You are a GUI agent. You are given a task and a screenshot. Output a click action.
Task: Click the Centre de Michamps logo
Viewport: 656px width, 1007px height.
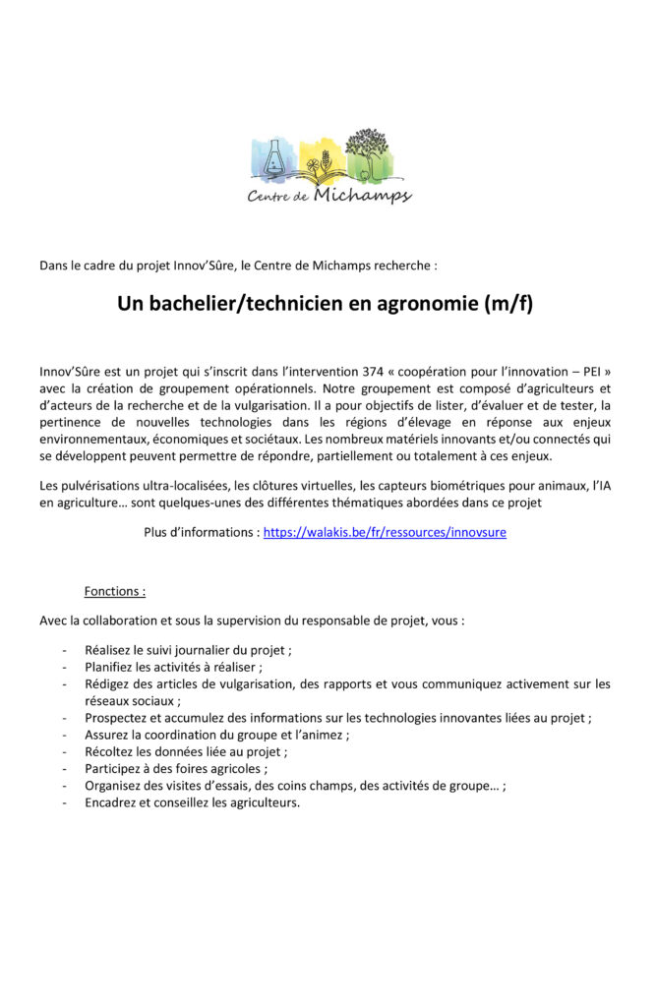click(x=328, y=168)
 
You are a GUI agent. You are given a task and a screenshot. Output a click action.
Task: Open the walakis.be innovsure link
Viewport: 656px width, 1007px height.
click(x=385, y=532)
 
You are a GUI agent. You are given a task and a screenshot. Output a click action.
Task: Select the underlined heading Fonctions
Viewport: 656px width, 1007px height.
click(x=115, y=592)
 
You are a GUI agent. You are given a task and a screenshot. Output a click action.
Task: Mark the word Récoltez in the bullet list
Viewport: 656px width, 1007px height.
click(x=113, y=751)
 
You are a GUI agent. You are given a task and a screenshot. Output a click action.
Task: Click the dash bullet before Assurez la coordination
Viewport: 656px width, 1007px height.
click(x=65, y=735)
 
